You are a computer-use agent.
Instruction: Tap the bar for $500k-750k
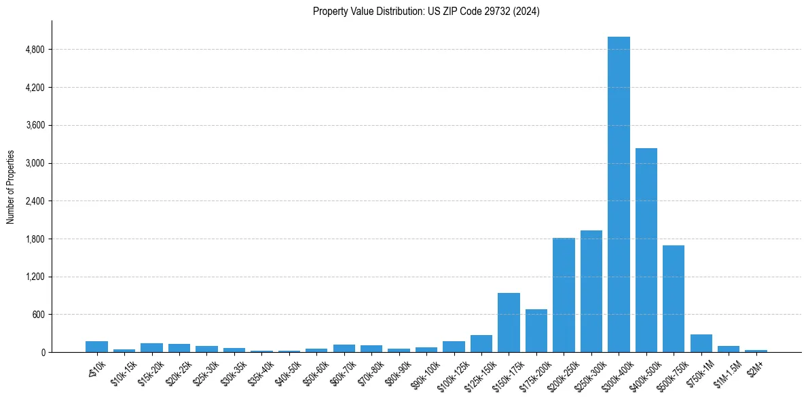pyautogui.click(x=674, y=299)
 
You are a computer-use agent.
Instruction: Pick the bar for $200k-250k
pyautogui.click(x=564, y=295)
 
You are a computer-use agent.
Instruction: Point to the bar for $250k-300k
pyautogui.click(x=591, y=292)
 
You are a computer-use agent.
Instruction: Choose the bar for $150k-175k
pyautogui.click(x=509, y=323)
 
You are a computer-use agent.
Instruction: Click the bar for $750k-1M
pyautogui.click(x=701, y=343)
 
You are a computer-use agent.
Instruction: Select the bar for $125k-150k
pyautogui.click(x=481, y=344)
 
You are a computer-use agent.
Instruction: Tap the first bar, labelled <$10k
pyautogui.click(x=96, y=347)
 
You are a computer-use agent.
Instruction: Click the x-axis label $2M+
pyautogui.click(x=754, y=368)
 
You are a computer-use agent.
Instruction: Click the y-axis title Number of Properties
pyautogui.click(x=11, y=186)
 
